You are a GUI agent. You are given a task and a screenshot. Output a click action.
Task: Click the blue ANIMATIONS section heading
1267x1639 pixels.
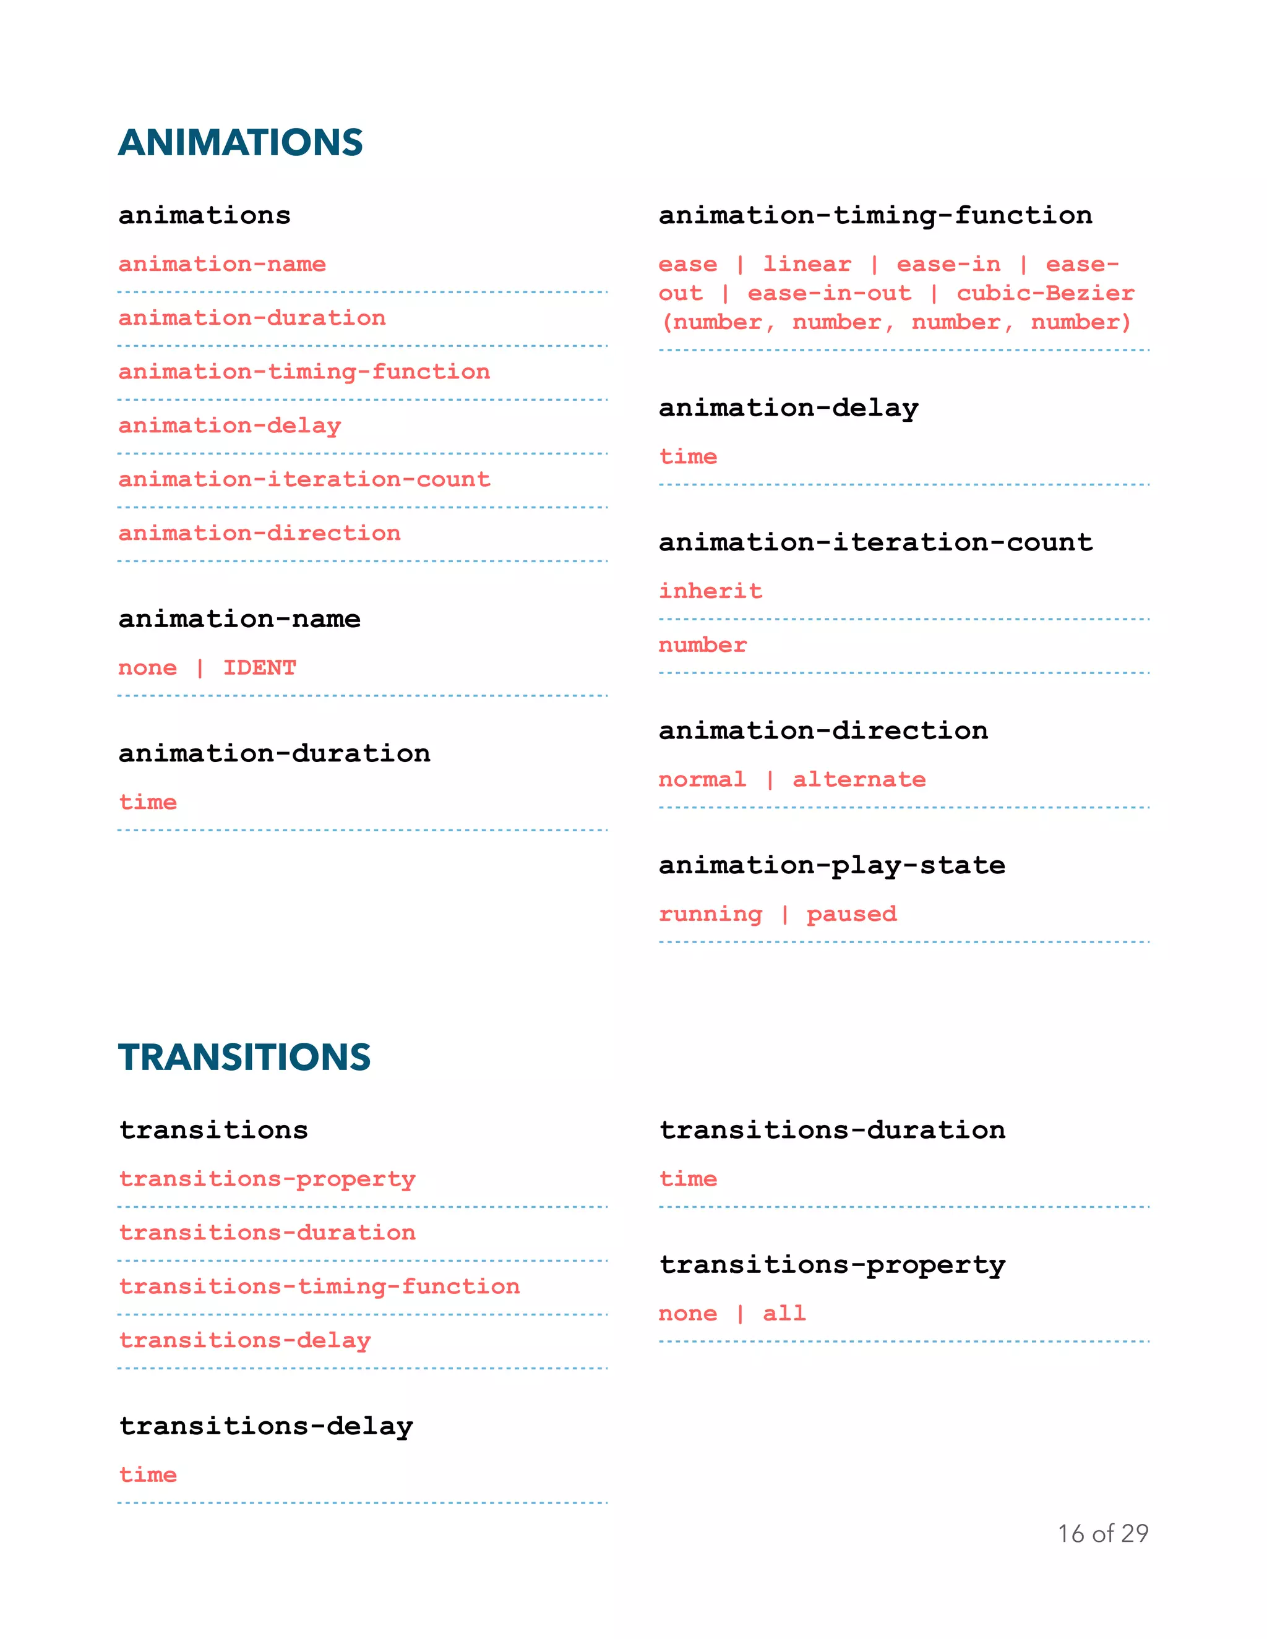(240, 143)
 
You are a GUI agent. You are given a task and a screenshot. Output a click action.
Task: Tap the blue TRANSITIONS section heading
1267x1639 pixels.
(244, 1058)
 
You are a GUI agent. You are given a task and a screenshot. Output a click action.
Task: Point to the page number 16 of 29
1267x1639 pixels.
(1102, 1533)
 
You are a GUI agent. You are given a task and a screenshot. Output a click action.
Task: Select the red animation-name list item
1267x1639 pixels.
(222, 264)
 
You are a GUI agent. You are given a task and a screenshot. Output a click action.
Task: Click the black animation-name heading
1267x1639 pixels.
(239, 619)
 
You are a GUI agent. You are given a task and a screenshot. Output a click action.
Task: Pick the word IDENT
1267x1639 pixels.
(260, 668)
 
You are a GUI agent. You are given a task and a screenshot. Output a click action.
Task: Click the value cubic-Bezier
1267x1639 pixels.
(1045, 293)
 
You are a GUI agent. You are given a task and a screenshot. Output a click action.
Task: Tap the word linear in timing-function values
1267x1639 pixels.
(807, 264)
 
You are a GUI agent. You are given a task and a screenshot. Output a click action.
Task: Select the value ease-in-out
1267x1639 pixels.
(830, 293)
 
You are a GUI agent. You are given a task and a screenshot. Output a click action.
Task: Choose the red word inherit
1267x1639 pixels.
(710, 591)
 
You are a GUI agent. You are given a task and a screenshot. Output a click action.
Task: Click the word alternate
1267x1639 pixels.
(859, 780)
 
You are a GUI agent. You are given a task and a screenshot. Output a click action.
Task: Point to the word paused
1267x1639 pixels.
(851, 914)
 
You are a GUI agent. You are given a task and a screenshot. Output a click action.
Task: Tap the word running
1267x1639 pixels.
(710, 914)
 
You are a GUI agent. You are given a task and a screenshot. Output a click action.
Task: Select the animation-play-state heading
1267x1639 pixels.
(831, 865)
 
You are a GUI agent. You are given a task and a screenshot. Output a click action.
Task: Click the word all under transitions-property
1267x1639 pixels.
(784, 1313)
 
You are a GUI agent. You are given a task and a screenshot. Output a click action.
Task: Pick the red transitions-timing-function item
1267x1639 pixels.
(319, 1286)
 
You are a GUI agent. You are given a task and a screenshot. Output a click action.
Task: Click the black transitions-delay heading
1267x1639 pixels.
(265, 1426)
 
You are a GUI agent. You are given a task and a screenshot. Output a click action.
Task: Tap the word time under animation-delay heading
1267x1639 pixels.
(687, 457)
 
